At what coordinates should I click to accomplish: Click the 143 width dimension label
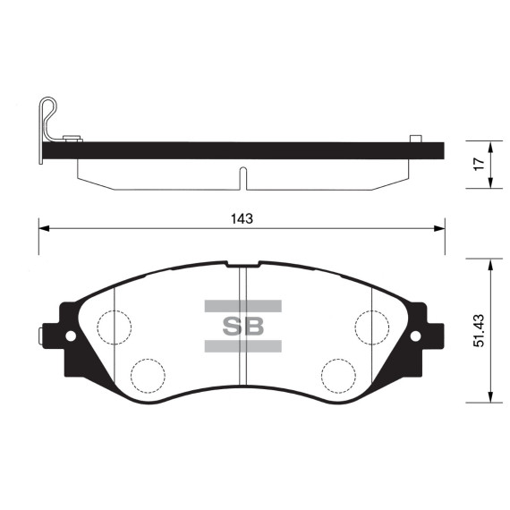pyautogui.click(x=242, y=218)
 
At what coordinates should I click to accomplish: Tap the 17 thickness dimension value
pyautogui.click(x=479, y=164)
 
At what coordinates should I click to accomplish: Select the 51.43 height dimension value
pyautogui.click(x=479, y=330)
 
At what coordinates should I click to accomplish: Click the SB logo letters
pyautogui.click(x=243, y=327)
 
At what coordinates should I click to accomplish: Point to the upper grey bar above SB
pyautogui.click(x=243, y=306)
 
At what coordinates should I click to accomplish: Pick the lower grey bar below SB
pyautogui.click(x=243, y=346)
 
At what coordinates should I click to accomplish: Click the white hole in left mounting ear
pyautogui.click(x=71, y=336)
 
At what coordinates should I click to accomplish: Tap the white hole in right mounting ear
pyautogui.click(x=415, y=336)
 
